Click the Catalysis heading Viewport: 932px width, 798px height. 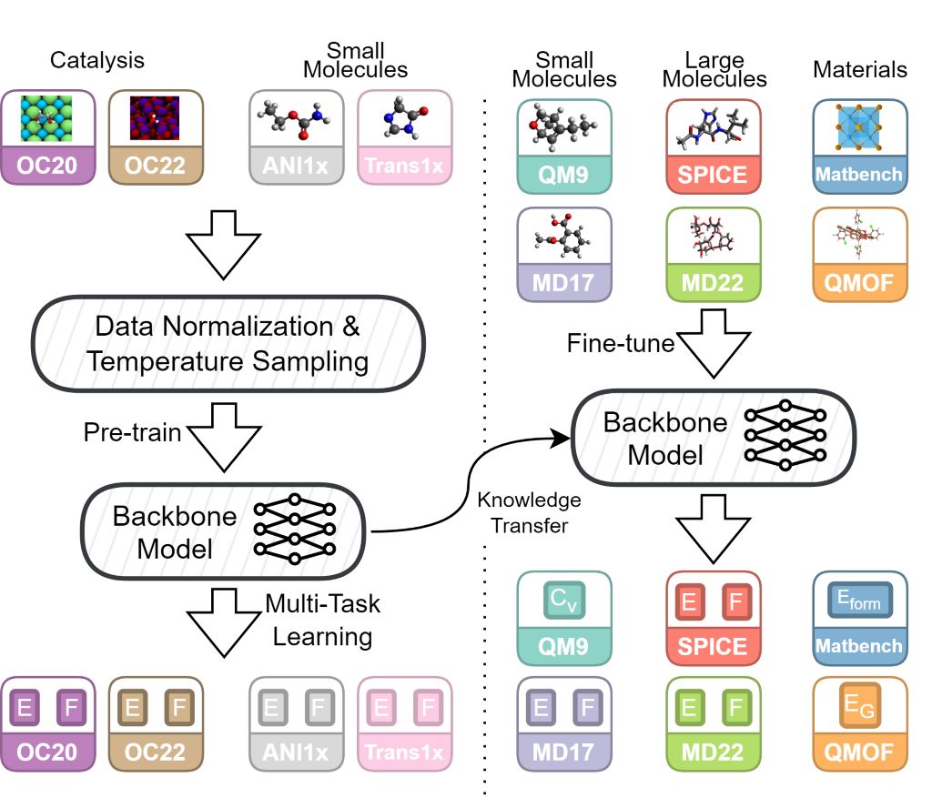(97, 62)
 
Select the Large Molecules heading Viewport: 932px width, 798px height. (714, 68)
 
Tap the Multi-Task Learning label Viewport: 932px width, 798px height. (322, 619)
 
